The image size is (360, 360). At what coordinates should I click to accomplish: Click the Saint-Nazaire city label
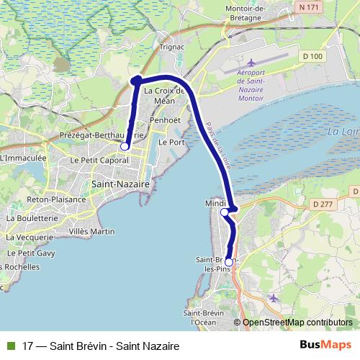pyautogui.click(x=121, y=184)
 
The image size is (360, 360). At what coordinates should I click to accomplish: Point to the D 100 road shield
pyautogui.click(x=312, y=55)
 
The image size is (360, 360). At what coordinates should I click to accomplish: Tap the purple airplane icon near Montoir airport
pyautogui.click(x=251, y=63)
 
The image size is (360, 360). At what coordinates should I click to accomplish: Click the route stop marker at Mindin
pyautogui.click(x=225, y=212)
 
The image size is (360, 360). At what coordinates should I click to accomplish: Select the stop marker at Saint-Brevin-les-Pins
pyautogui.click(x=229, y=262)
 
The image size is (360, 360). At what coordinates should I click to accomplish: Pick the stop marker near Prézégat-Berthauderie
pyautogui.click(x=125, y=146)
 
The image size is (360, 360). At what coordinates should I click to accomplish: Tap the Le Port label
pyautogui.click(x=171, y=143)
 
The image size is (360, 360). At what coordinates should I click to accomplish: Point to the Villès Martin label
pyautogui.click(x=91, y=231)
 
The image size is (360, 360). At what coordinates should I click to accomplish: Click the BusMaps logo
pyautogui.click(x=325, y=346)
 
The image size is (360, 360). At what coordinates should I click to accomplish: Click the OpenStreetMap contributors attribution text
pyautogui.click(x=297, y=323)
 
